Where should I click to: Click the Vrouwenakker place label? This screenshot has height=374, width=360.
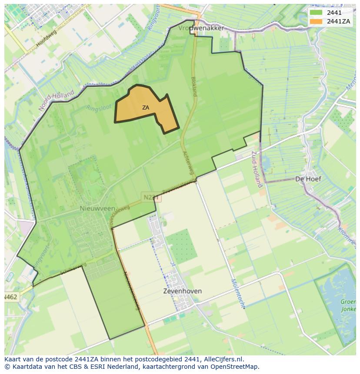click(201, 28)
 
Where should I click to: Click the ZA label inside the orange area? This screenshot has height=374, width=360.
click(146, 107)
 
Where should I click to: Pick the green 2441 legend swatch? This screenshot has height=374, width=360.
click(316, 13)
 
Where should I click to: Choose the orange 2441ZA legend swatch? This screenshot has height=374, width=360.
click(316, 21)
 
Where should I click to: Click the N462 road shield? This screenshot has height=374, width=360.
click(10, 297)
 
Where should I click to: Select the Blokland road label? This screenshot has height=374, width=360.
click(194, 86)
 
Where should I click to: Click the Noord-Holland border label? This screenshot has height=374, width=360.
click(57, 101)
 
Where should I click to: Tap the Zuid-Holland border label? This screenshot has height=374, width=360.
click(257, 169)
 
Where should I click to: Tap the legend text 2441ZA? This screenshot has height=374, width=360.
click(339, 21)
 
